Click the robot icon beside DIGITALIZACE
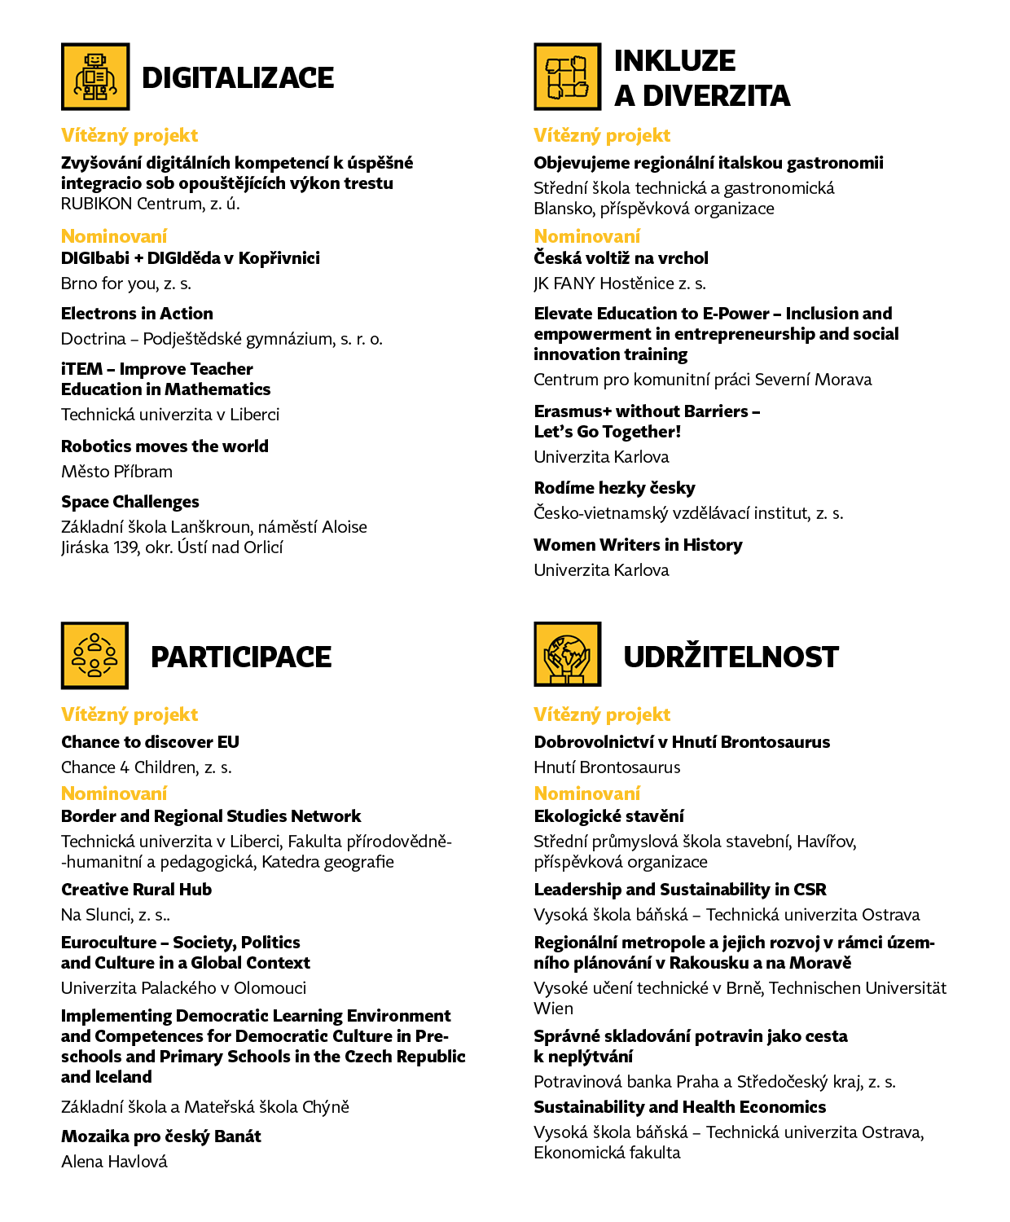point(95,77)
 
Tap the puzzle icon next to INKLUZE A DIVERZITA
point(568,77)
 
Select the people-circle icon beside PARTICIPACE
point(95,656)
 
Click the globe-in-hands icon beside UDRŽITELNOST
point(568,655)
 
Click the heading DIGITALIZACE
point(238,78)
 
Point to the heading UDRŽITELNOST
point(731,657)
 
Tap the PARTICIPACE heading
point(241,657)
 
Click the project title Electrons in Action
point(137,314)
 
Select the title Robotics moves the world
point(165,446)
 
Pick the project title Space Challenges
point(130,502)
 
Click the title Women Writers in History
point(638,545)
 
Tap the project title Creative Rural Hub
point(136,890)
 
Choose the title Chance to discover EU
point(150,742)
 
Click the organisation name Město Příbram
point(116,472)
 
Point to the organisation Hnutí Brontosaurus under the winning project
point(607,767)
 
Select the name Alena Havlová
point(114,1162)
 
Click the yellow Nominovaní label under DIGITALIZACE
point(114,236)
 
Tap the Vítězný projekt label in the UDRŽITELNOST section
point(602,714)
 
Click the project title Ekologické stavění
point(608,816)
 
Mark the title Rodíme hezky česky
point(614,488)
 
